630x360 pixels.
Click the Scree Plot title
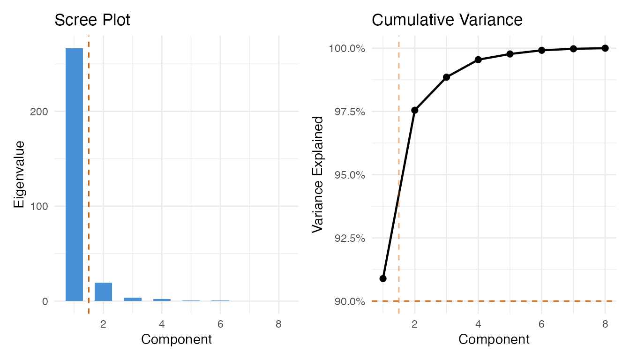pyautogui.click(x=92, y=20)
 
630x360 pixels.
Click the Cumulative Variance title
pyautogui.click(x=447, y=20)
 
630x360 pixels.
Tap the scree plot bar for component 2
pyautogui.click(x=103, y=292)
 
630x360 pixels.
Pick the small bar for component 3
pyautogui.click(x=133, y=299)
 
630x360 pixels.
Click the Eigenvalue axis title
pyautogui.click(x=19, y=174)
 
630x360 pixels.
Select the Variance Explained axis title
pyautogui.click(x=318, y=174)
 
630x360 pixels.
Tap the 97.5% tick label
pyautogui.click(x=347, y=112)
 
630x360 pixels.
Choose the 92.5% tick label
pyautogui.click(x=347, y=238)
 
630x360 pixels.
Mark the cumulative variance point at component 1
pyautogui.click(x=383, y=278)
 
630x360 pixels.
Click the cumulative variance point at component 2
pyautogui.click(x=414, y=110)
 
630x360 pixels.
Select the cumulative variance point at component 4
pyautogui.click(x=478, y=60)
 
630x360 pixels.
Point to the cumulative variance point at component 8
pyautogui.click(x=605, y=48)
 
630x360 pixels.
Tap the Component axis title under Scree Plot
pyautogui.click(x=176, y=339)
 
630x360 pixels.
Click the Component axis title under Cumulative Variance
pyautogui.click(x=494, y=339)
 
